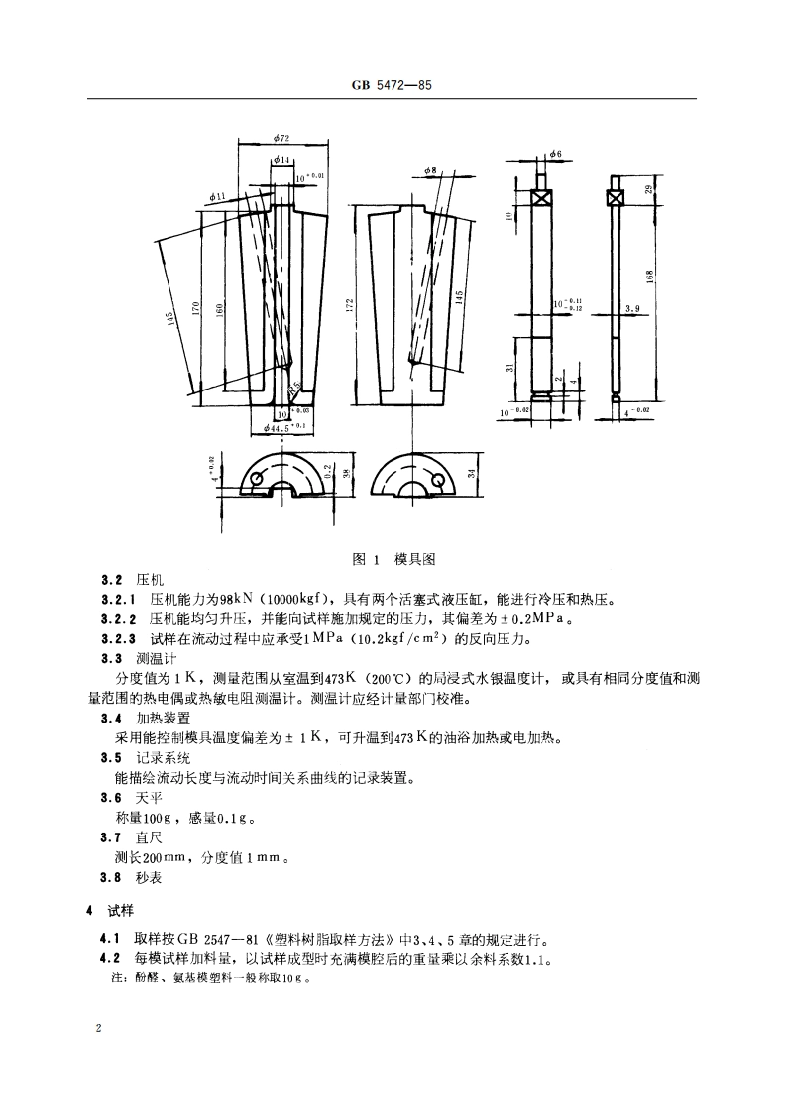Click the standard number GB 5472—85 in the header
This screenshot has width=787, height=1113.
393,87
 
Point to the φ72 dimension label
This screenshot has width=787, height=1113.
281,140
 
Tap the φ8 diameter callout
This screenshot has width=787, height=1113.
431,170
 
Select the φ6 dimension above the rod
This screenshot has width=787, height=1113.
555,154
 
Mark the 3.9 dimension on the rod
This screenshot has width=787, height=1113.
632,309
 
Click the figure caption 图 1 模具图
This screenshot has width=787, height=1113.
393,559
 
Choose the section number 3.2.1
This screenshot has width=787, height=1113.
119,600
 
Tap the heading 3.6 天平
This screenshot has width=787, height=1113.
132,798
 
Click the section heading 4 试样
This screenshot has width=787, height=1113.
104,910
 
